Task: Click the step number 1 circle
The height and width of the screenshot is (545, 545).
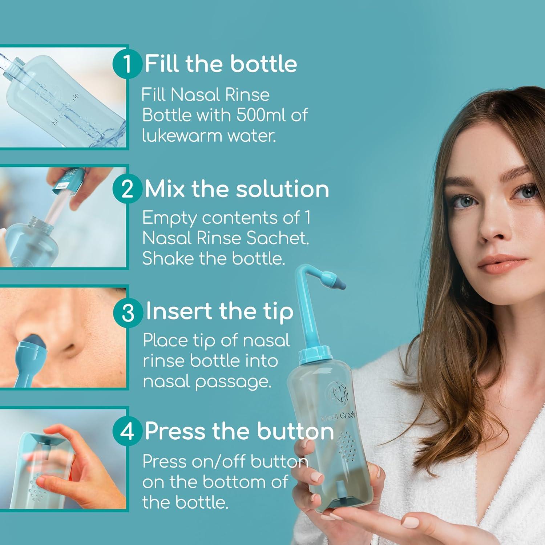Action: (127, 64)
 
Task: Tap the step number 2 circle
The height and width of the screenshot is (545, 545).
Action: (127, 189)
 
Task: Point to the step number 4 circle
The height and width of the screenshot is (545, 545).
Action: (127, 431)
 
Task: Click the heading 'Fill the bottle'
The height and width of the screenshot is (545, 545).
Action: (221, 64)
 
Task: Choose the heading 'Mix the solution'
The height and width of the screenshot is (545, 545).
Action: (237, 189)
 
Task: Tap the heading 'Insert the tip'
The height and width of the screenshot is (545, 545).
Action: (219, 311)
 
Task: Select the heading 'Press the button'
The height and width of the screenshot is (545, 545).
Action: (239, 431)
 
